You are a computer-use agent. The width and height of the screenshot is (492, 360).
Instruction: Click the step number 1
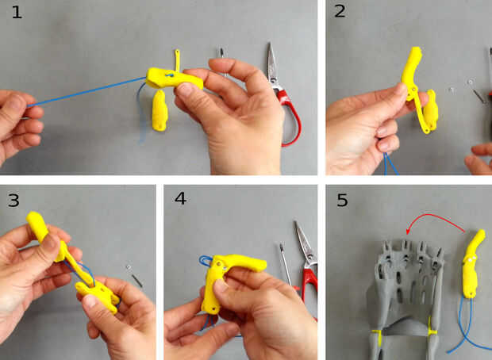[17, 12]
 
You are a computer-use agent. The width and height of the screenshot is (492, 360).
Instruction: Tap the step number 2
[340, 11]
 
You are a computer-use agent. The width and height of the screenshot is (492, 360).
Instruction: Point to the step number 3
[13, 200]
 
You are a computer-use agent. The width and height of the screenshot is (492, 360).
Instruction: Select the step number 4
[180, 198]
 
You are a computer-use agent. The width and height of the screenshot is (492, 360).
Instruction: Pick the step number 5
[342, 200]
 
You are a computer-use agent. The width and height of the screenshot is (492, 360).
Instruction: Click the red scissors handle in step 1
[290, 117]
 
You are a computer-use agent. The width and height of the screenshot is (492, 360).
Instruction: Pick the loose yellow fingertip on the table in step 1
[160, 110]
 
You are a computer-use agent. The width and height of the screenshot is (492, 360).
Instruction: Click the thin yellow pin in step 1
[177, 59]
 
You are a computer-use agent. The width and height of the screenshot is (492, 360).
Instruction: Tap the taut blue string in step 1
[87, 92]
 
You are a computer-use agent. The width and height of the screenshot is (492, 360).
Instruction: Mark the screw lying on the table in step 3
[135, 276]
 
